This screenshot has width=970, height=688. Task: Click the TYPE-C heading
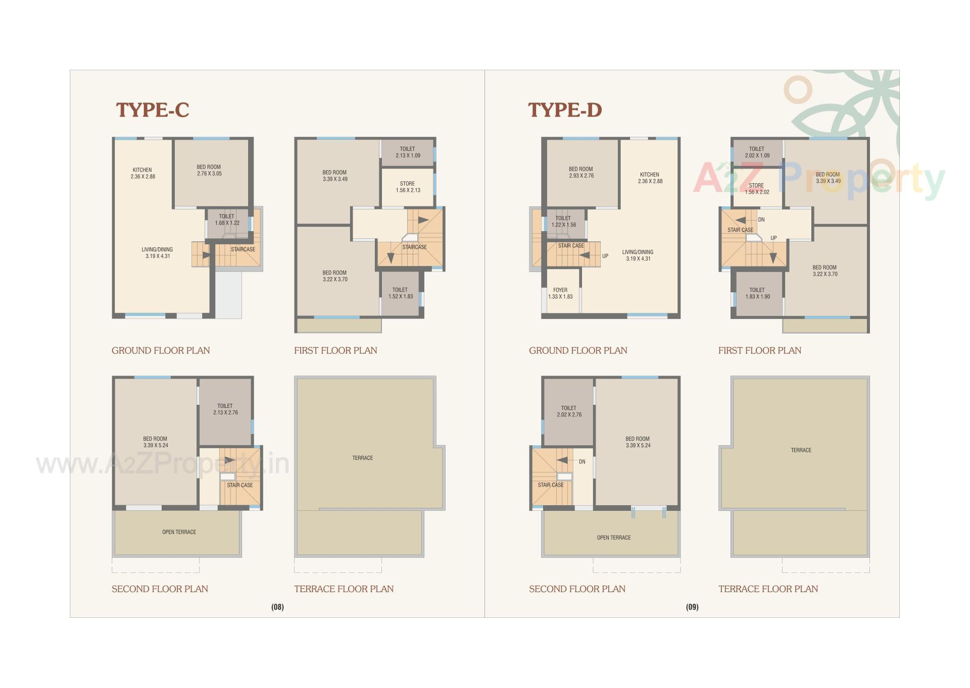(x=153, y=110)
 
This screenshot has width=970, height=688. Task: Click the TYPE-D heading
(x=565, y=110)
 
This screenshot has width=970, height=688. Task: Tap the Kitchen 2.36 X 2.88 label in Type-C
(x=142, y=173)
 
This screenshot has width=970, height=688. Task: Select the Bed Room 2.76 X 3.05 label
(x=209, y=170)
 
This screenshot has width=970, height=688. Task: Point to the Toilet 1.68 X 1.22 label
(x=227, y=220)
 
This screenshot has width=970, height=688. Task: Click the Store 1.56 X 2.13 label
(x=408, y=187)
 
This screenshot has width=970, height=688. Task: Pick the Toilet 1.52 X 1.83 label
(x=400, y=293)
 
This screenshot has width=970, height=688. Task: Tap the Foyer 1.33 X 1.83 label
(x=560, y=293)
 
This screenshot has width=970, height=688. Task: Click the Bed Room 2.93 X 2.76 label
(x=581, y=172)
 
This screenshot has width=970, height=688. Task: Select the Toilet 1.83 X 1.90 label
(x=757, y=293)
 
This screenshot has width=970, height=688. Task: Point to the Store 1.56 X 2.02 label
(x=757, y=188)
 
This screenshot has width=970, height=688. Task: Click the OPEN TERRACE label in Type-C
(x=179, y=532)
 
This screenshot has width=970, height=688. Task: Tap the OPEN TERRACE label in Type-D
(x=614, y=538)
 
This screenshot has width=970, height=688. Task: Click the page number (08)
(x=277, y=607)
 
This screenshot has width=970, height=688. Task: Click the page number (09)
(x=692, y=607)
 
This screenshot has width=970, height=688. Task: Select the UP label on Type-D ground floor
(x=605, y=256)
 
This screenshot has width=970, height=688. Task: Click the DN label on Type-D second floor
(x=582, y=461)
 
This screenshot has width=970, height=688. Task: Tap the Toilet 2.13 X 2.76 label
(x=225, y=409)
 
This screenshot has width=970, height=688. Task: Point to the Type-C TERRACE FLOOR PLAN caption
(x=344, y=589)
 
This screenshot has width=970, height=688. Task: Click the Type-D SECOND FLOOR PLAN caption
(x=577, y=589)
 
